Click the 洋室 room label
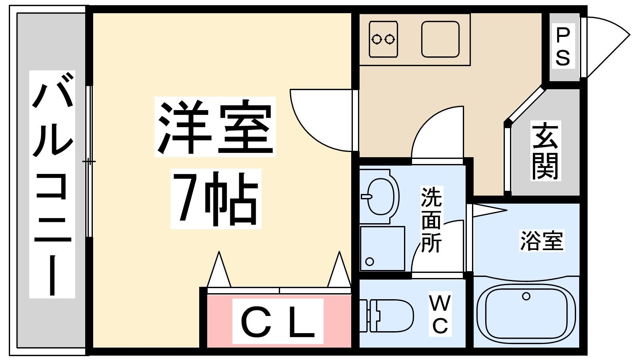(x=215, y=127)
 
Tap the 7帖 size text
(x=216, y=199)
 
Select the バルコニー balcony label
(x=52, y=184)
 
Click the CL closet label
(x=278, y=321)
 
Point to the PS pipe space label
(x=563, y=46)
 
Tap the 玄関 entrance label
(x=546, y=150)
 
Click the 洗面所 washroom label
(x=432, y=220)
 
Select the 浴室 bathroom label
(x=542, y=240)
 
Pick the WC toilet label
(x=440, y=314)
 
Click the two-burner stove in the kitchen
(x=383, y=39)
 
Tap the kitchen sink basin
(x=440, y=39)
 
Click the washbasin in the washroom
(x=380, y=196)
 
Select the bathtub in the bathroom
(x=526, y=313)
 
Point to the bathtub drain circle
(x=526, y=296)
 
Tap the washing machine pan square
(x=382, y=248)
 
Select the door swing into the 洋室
(x=321, y=120)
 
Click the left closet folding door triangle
(x=219, y=269)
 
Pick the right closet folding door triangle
(x=339, y=269)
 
